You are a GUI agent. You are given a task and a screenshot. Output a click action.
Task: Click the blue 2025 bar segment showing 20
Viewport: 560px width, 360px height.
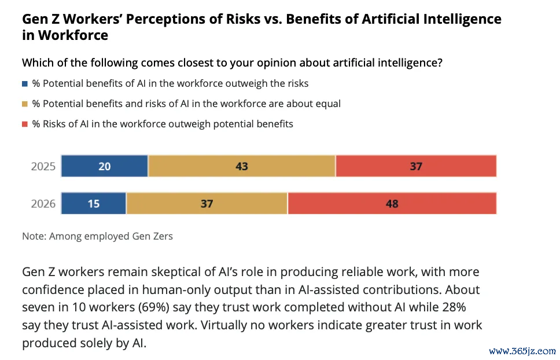pos(105,167)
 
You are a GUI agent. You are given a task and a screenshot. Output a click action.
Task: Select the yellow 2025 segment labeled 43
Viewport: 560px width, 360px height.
pos(242,167)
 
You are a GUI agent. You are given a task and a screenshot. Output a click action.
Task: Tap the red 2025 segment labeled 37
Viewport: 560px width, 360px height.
pos(416,167)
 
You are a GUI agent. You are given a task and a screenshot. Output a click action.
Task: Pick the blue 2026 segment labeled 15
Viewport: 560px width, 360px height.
pos(94,204)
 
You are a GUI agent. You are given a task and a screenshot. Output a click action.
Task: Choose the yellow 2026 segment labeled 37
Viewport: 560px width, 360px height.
pos(207,204)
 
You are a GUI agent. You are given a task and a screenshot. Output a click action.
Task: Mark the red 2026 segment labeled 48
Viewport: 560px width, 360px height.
pos(392,204)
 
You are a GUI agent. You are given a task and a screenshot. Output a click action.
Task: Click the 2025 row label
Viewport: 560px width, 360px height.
pos(43,167)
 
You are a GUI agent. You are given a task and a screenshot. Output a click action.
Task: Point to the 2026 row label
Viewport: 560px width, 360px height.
pos(43,204)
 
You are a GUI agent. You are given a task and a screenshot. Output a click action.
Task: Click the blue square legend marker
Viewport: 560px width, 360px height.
pos(25,84)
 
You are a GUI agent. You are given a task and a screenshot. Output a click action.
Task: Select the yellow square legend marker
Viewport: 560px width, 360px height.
pos(25,104)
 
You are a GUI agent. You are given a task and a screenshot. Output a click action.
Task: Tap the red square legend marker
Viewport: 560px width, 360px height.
pos(25,124)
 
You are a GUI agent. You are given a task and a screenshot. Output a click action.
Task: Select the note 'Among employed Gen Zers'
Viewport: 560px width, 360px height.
pos(111,236)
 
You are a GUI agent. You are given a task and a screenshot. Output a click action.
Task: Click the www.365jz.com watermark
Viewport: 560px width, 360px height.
pos(522,351)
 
